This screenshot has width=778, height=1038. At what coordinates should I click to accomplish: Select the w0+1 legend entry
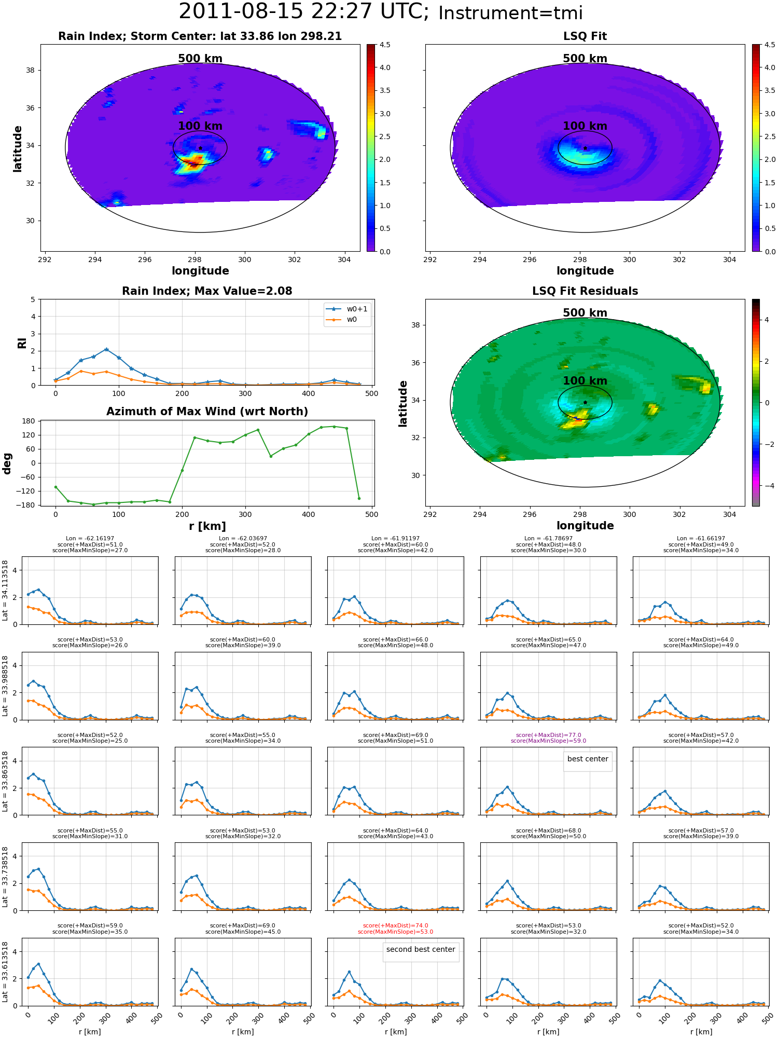click(x=347, y=309)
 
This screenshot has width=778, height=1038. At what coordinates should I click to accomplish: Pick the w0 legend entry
click(x=342, y=319)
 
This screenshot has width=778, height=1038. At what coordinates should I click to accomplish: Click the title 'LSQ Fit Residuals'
click(x=585, y=291)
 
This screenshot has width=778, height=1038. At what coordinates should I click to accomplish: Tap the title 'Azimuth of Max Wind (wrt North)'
click(x=207, y=412)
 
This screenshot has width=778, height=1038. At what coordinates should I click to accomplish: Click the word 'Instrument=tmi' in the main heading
click(x=510, y=13)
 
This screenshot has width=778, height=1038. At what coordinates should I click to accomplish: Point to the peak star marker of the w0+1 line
click(x=106, y=350)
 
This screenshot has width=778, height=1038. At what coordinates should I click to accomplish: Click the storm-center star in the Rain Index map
click(x=200, y=148)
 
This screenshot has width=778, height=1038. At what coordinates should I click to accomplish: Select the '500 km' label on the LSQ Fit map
click(x=585, y=59)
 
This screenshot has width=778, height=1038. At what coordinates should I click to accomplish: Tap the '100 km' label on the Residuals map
click(x=585, y=381)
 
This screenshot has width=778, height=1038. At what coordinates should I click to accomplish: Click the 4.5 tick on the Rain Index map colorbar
click(x=385, y=45)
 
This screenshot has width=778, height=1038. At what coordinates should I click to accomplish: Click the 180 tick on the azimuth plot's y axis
click(x=29, y=421)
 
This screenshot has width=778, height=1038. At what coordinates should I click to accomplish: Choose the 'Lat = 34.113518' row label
click(x=5, y=591)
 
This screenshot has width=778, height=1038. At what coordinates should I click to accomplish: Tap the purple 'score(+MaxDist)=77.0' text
click(x=548, y=735)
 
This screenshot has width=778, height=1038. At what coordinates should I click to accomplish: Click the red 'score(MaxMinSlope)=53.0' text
click(x=395, y=932)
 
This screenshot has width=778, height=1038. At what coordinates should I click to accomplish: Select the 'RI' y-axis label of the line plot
click(x=22, y=343)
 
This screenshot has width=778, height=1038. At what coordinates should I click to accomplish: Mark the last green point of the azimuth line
click(x=359, y=498)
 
